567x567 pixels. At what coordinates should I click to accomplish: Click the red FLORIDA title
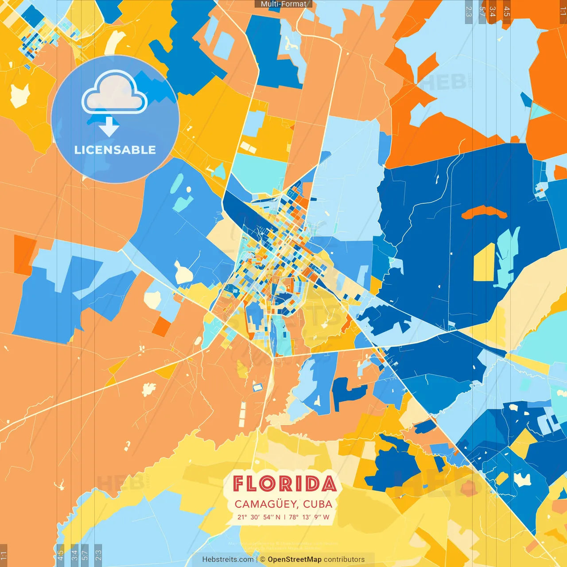pyautogui.click(x=284, y=484)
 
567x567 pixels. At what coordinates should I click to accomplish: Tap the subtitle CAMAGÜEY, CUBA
pyautogui.click(x=283, y=504)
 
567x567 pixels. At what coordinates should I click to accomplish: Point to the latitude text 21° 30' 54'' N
pyautogui.click(x=259, y=517)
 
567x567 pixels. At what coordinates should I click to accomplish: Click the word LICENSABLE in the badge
pyautogui.click(x=115, y=150)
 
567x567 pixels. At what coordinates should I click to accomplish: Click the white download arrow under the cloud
pyautogui.click(x=109, y=126)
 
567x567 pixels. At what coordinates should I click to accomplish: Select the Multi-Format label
pyautogui.click(x=283, y=4)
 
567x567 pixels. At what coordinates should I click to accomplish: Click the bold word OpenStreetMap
pyautogui.click(x=295, y=559)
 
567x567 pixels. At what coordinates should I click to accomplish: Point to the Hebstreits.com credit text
pyautogui.click(x=228, y=559)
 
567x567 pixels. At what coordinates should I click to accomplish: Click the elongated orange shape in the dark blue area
pyautogui.click(x=484, y=213)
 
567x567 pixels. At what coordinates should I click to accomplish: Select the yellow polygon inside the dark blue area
pyautogui.click(x=484, y=263)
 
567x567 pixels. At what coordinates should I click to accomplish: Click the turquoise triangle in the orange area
pyautogui.click(x=539, y=111)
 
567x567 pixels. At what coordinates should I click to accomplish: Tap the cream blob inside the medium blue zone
pyautogui.click(x=183, y=273)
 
